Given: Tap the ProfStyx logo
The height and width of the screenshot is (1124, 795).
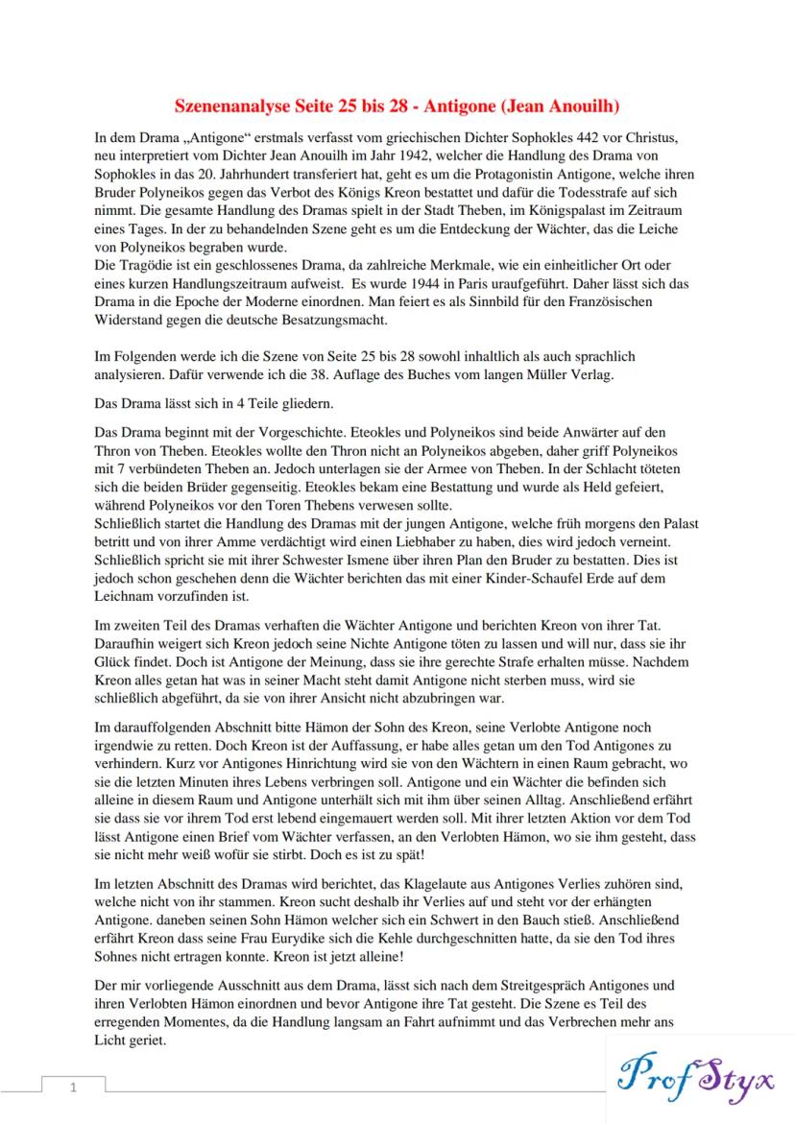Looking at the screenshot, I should coord(699,1072).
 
